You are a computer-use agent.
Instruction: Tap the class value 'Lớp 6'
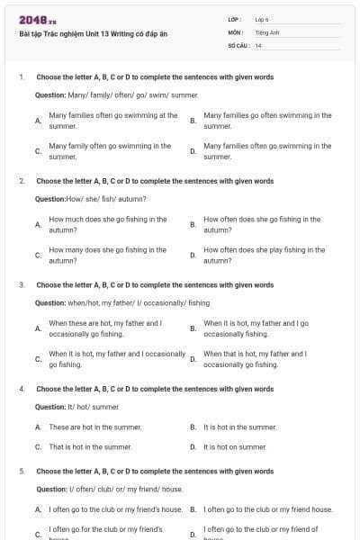click(262, 19)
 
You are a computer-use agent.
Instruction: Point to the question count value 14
click(258, 45)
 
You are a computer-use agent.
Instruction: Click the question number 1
click(21, 77)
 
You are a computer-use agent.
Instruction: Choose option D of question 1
click(267, 150)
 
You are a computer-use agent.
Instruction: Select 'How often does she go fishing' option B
click(261, 224)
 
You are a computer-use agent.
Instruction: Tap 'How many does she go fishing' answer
click(107, 255)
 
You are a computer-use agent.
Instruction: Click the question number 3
click(21, 285)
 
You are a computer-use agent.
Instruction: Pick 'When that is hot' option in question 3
click(255, 359)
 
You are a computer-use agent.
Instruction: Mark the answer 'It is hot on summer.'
click(235, 446)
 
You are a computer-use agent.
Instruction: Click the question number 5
click(21, 471)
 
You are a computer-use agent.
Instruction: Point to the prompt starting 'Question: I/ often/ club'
click(109, 489)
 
